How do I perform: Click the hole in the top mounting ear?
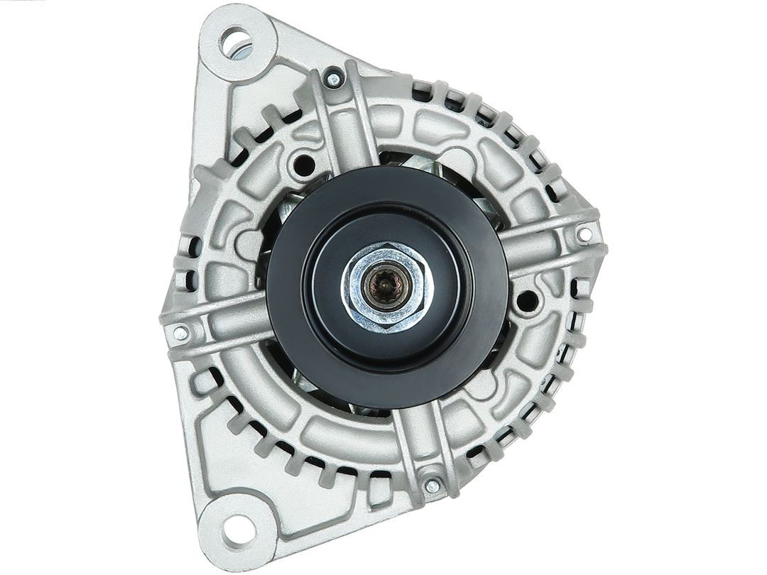[x=236, y=40]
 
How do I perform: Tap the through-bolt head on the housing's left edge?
[x=180, y=332]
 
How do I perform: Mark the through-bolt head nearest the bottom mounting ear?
[x=432, y=486]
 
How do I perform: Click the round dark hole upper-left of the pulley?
[x=305, y=165]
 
